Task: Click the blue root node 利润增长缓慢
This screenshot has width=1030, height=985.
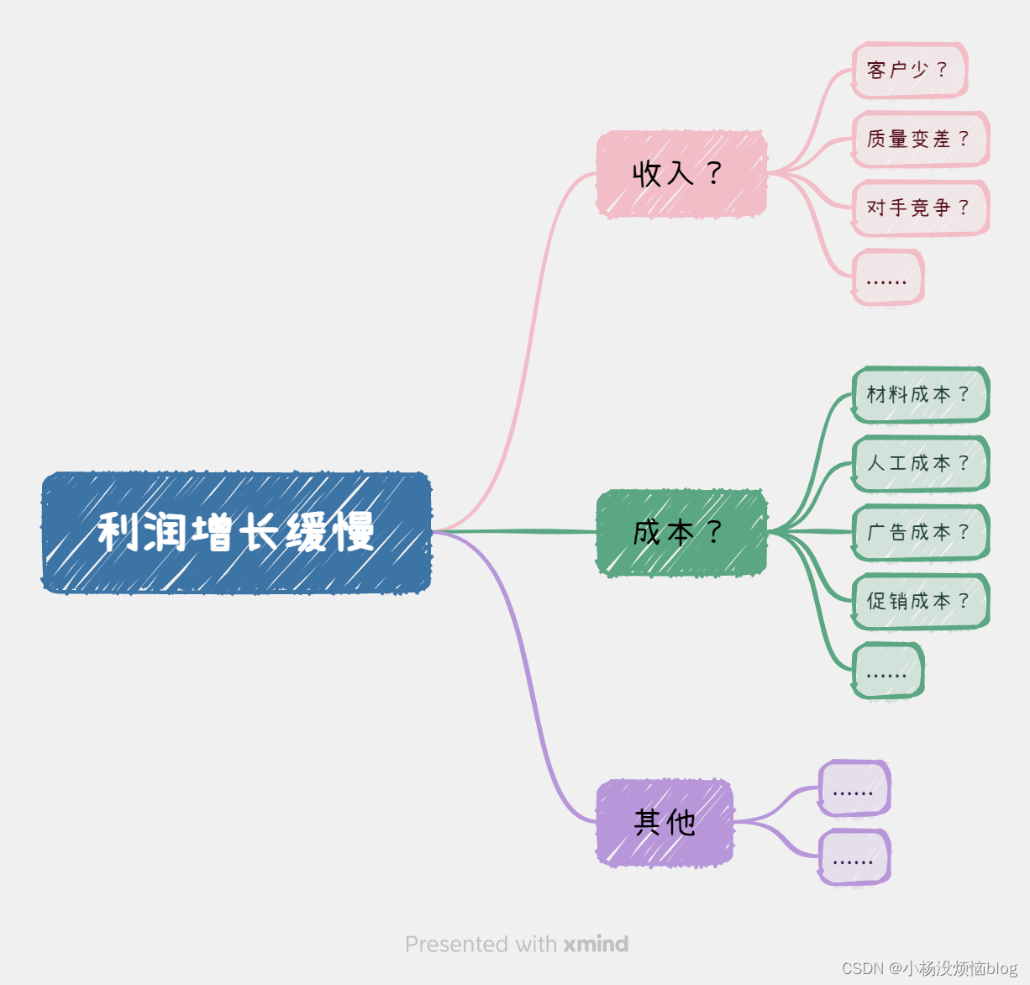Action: (x=236, y=533)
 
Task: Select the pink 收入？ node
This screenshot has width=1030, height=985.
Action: (x=681, y=174)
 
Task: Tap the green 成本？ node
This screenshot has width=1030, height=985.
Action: (x=681, y=533)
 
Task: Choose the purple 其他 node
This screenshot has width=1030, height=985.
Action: (x=665, y=822)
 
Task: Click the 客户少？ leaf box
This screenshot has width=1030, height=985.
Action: (x=909, y=70)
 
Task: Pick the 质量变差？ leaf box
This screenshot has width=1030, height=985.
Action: (x=920, y=139)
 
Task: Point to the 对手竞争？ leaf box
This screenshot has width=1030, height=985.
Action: (x=920, y=208)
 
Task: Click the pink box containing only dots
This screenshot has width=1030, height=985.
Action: (x=887, y=277)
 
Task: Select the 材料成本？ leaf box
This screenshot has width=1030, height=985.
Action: (x=920, y=394)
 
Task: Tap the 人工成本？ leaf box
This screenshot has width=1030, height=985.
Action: (x=920, y=463)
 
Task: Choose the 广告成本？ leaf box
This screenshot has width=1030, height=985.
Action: (x=920, y=532)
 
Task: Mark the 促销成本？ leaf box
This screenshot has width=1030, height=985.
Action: (x=920, y=601)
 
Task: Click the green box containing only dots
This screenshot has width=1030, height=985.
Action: (x=887, y=671)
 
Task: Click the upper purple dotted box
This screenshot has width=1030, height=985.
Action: (x=854, y=788)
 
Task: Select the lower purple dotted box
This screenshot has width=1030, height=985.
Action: (x=854, y=857)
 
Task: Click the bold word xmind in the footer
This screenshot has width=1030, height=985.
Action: (x=596, y=944)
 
